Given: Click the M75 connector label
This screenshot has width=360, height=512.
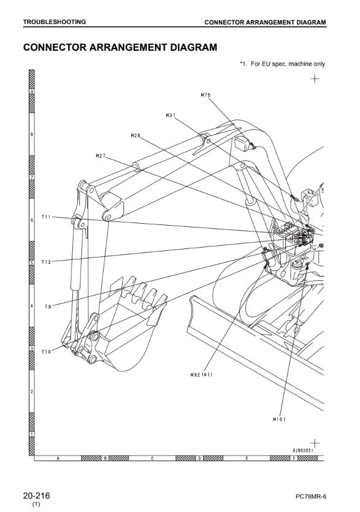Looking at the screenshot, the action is [x=205, y=95].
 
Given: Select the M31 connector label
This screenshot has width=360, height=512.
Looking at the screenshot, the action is [x=170, y=115].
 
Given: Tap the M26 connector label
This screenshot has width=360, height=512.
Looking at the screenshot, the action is [x=136, y=135].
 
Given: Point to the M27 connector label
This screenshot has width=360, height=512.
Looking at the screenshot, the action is [x=101, y=156].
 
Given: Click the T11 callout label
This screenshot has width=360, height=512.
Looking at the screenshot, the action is [x=46, y=217].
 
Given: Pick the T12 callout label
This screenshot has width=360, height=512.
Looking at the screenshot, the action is [x=46, y=262].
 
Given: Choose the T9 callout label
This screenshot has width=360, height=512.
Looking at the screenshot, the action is [x=48, y=307].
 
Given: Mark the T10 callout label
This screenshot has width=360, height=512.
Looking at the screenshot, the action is [x=46, y=352].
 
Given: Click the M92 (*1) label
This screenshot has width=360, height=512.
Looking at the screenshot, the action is [x=201, y=375].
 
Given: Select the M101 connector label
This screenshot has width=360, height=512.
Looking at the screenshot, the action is [x=279, y=419].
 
